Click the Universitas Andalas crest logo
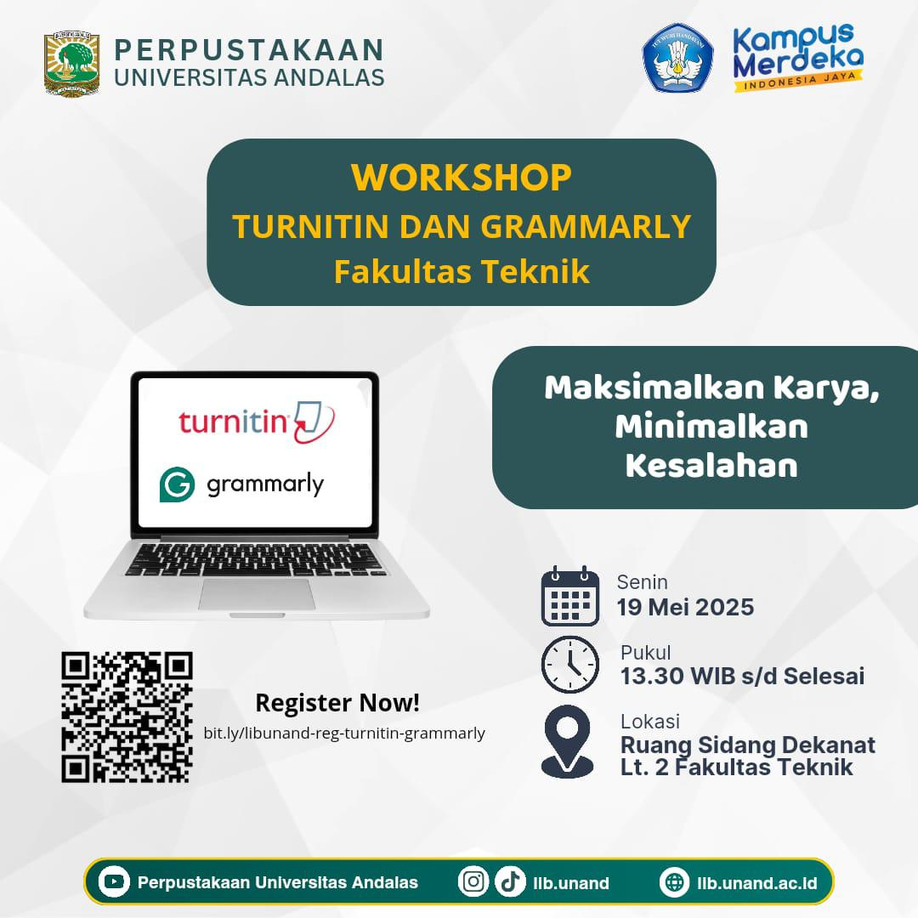72,65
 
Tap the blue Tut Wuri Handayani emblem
677,58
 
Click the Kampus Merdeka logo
798,58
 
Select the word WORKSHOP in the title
462,178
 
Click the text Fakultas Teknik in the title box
462,272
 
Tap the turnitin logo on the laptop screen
257,422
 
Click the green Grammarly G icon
177,484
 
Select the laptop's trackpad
257,594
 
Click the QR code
127,717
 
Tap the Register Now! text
337,703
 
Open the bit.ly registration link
344,733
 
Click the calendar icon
570,596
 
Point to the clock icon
570,665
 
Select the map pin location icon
567,741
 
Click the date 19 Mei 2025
685,607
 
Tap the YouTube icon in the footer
114,881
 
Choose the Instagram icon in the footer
473,881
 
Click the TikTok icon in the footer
510,881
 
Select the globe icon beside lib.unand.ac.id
674,881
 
